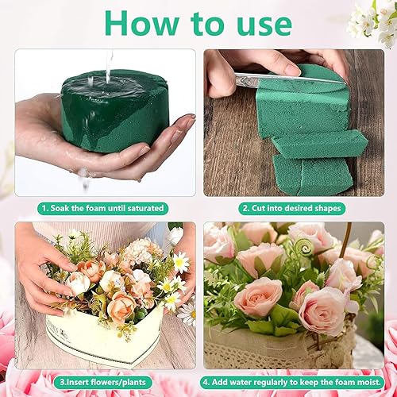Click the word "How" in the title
141,23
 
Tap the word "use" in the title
264,26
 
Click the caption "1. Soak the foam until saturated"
102,208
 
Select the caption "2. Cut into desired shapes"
292,208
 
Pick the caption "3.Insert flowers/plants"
102,382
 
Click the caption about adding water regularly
292,382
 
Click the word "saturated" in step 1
145,208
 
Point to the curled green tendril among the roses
304,248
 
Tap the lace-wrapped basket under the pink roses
280,348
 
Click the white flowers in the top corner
373,21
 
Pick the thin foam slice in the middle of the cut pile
319,145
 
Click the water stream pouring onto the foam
109,66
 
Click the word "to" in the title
207,25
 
